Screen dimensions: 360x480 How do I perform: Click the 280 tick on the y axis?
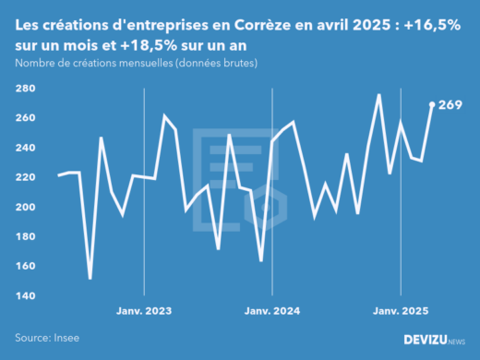click(x=25, y=89)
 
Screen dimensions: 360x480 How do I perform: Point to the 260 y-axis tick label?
click(x=25, y=118)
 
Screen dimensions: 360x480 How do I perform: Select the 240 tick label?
click(x=25, y=148)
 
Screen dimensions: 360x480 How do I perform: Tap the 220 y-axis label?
click(x=25, y=177)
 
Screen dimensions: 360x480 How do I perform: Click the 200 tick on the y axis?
click(x=25, y=207)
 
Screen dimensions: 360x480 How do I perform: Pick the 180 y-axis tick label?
click(x=25, y=236)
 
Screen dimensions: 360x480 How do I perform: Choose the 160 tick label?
click(x=25, y=266)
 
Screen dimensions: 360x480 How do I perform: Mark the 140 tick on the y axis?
click(x=25, y=295)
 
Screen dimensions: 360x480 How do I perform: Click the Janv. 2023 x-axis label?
click(x=145, y=312)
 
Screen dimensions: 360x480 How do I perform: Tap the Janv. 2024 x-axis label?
click(x=273, y=312)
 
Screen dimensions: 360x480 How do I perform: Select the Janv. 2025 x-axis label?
click(x=401, y=312)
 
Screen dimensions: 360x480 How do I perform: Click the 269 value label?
click(x=450, y=105)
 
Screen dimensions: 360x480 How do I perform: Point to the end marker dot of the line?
click(x=433, y=104)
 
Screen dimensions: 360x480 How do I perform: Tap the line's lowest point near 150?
click(x=90, y=278)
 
